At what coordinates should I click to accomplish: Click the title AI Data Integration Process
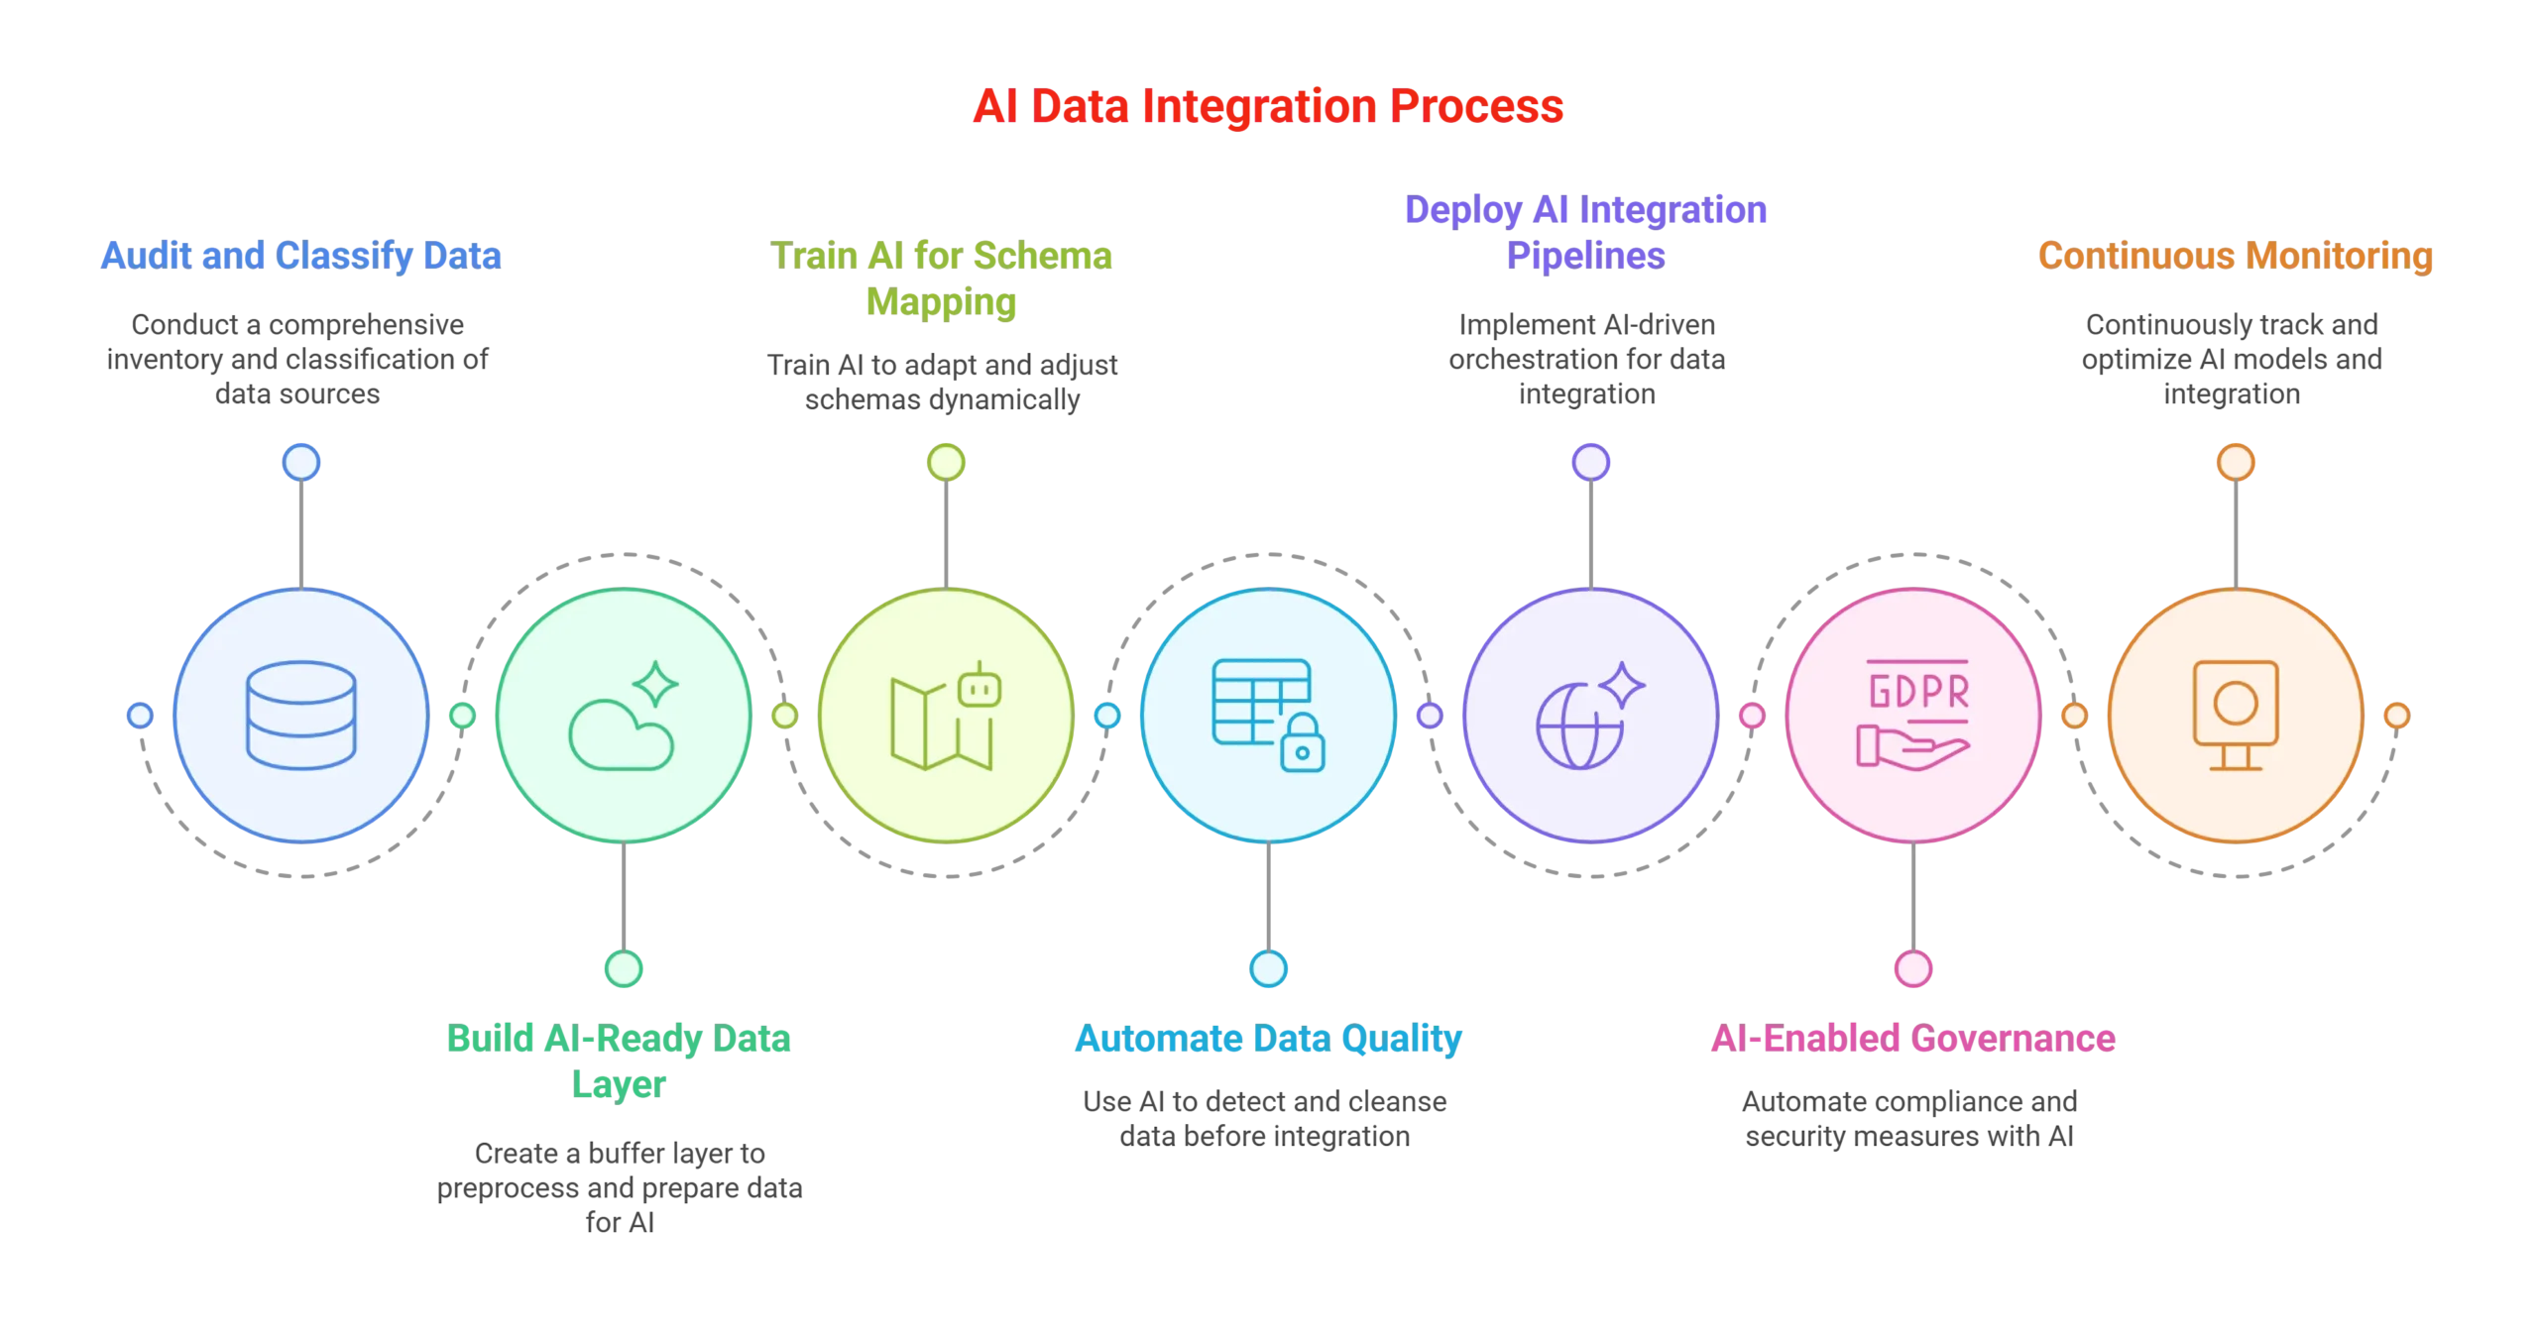pyautogui.click(x=1268, y=107)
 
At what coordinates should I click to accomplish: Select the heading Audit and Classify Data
pyautogui.click(x=301, y=256)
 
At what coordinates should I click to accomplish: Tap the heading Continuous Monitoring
pyautogui.click(x=2236, y=256)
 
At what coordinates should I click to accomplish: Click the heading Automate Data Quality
pyautogui.click(x=1268, y=1039)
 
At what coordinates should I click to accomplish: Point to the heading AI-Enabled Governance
pyautogui.click(x=1912, y=1039)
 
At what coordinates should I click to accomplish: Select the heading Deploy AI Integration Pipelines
pyautogui.click(x=1585, y=233)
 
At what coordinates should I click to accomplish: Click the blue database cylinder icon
pyautogui.click(x=301, y=715)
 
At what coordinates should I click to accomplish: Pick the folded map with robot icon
pyautogui.click(x=945, y=717)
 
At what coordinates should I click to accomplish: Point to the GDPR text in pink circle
pyautogui.click(x=1917, y=692)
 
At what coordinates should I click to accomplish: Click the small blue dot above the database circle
pyautogui.click(x=301, y=462)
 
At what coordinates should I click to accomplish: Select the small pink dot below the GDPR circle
pyautogui.click(x=1912, y=968)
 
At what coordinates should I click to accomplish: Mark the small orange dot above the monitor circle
pyautogui.click(x=2236, y=462)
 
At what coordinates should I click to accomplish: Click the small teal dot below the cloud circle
pyautogui.click(x=624, y=968)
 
